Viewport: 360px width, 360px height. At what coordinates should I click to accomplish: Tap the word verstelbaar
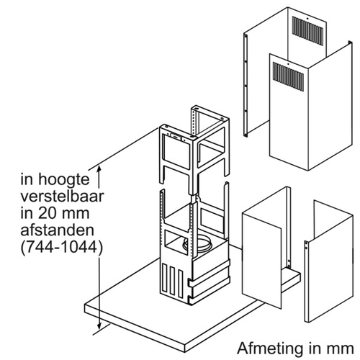pos(62,197)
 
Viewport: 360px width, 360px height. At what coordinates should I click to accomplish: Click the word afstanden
pos(57,230)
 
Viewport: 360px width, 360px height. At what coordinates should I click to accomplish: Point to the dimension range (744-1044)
pos(61,248)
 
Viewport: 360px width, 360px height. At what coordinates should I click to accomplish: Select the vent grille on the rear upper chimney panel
pos(307,31)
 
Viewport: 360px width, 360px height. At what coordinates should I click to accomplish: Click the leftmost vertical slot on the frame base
pos(165,278)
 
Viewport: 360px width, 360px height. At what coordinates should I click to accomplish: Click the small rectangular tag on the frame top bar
pos(176,136)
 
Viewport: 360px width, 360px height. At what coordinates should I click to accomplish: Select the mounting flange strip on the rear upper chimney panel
pos(246,85)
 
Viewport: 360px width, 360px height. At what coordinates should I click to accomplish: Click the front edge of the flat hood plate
pos(135,331)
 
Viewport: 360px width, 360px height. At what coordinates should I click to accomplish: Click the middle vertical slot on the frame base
pos(172,282)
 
